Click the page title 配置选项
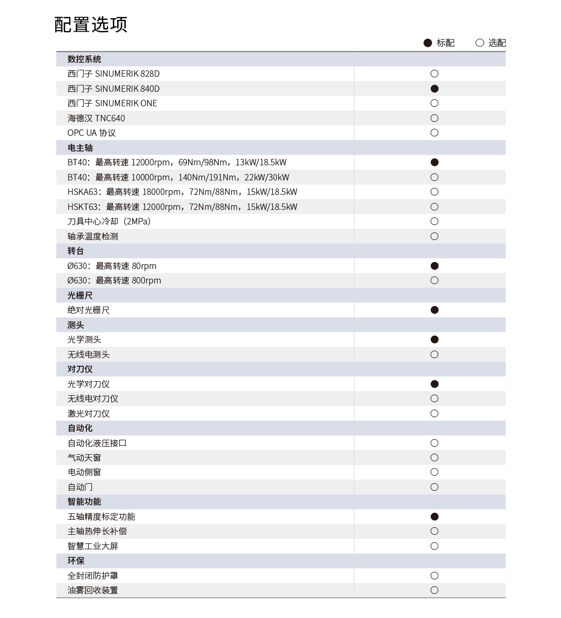pos(91,25)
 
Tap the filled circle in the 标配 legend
pos(428,43)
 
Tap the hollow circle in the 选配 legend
pos(480,43)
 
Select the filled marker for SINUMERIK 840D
pos(435,89)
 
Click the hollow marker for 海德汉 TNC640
pos(435,118)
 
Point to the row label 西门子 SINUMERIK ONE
pos(112,103)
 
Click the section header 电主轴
pos(80,148)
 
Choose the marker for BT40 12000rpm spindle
pos(435,162)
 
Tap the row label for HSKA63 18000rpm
pos(182,192)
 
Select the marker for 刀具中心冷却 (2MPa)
pos(435,221)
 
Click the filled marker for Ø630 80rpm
pos(435,266)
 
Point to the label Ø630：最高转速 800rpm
pos(114,280)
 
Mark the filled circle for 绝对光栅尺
pos(435,310)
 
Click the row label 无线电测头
pos(89,354)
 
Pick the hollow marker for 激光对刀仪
pos(435,413)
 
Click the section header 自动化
pos(80,428)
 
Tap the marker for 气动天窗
pos(435,457)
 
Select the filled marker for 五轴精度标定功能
pos(435,517)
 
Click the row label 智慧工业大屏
pos(93,546)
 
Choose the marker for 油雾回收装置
pos(435,590)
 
